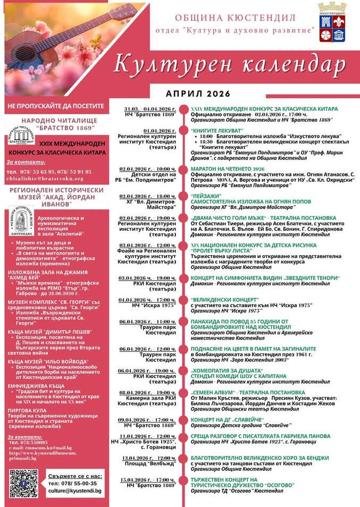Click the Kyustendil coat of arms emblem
(x=332, y=22)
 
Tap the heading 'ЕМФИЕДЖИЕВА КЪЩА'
(x=36, y=386)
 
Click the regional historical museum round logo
(x=20, y=222)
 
